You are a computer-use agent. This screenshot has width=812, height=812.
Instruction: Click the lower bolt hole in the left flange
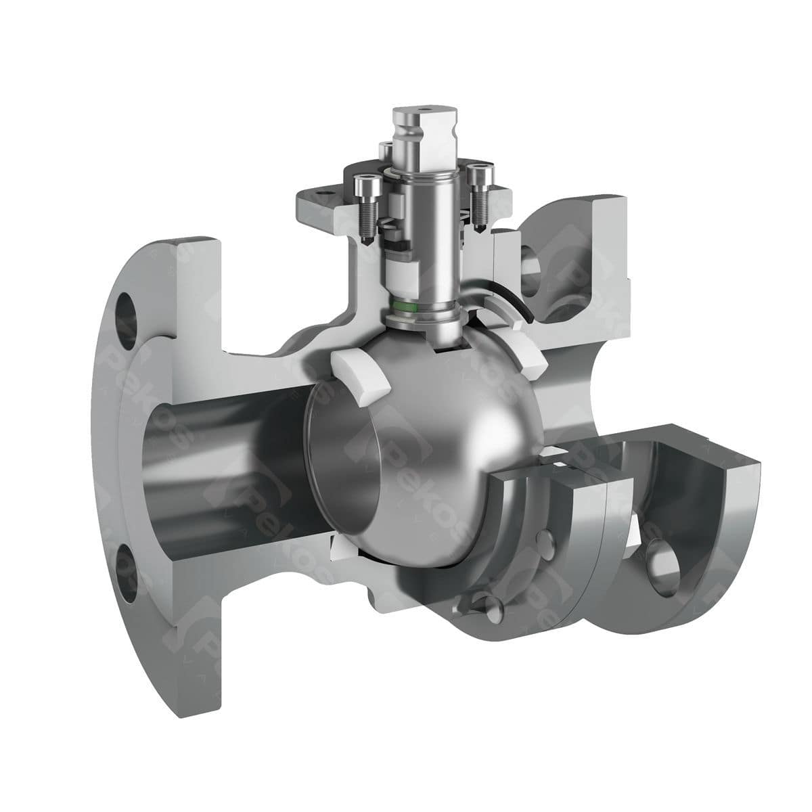(127, 569)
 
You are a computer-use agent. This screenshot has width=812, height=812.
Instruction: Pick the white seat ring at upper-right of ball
(528, 352)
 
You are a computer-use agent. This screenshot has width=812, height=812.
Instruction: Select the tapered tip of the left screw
(365, 240)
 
